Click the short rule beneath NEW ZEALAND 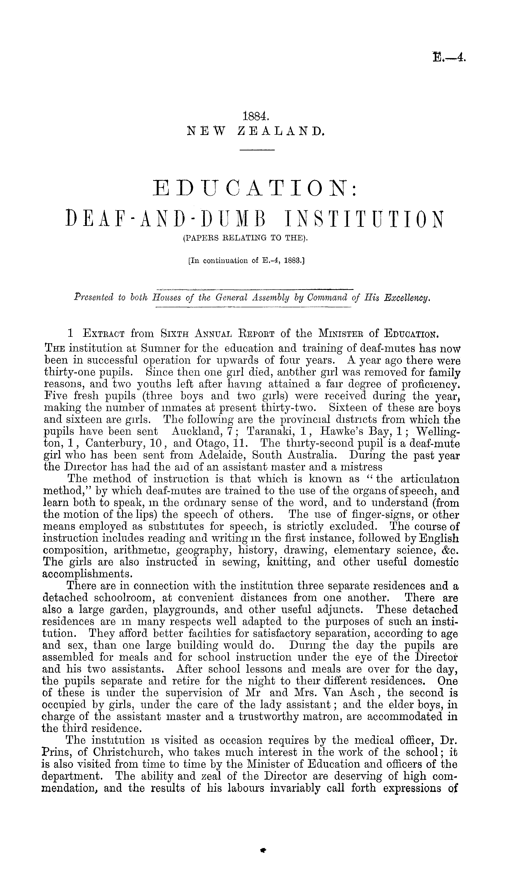pos(257,150)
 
